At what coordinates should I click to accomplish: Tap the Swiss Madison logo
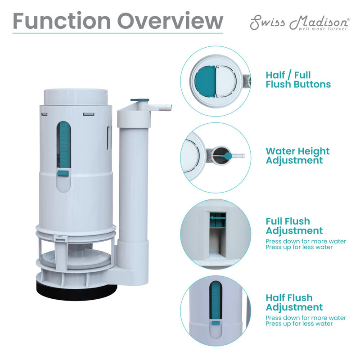pos(299,22)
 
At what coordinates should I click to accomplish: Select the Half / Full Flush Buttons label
pos(298,80)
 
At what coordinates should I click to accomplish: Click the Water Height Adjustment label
pos(297,156)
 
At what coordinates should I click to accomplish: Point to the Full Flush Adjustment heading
pos(294,226)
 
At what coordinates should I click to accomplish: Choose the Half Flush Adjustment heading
pos(294,302)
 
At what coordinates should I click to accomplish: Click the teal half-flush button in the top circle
pos(205,81)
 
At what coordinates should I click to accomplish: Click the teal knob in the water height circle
pos(228,155)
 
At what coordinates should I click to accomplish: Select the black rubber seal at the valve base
pos(76,292)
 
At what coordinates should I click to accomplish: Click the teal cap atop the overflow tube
pos(139,100)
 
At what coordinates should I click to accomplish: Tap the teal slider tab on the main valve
pos(63,173)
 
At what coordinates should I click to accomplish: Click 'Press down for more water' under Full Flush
pos(306,241)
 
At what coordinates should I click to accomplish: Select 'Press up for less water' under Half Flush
pos(299,324)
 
